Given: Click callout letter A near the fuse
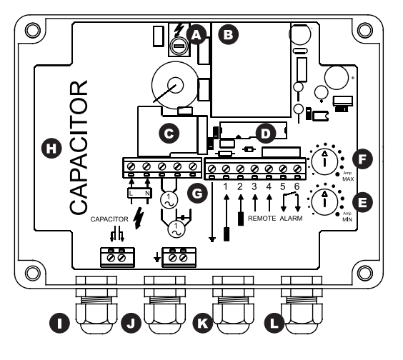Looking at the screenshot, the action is coord(196,34).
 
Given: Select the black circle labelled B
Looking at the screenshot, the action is coord(228,34).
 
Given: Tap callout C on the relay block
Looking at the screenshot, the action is coord(169,134).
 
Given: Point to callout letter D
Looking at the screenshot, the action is coord(266,134).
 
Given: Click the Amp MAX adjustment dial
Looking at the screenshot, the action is coord(324,161).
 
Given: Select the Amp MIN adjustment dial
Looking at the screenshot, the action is coord(324,202).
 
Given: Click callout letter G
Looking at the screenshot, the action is coord(197,194).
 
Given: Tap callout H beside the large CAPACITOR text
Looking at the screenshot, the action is coord(51,149).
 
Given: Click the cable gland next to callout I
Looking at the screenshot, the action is coord(96,305).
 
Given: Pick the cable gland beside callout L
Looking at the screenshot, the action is coord(302,305).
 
